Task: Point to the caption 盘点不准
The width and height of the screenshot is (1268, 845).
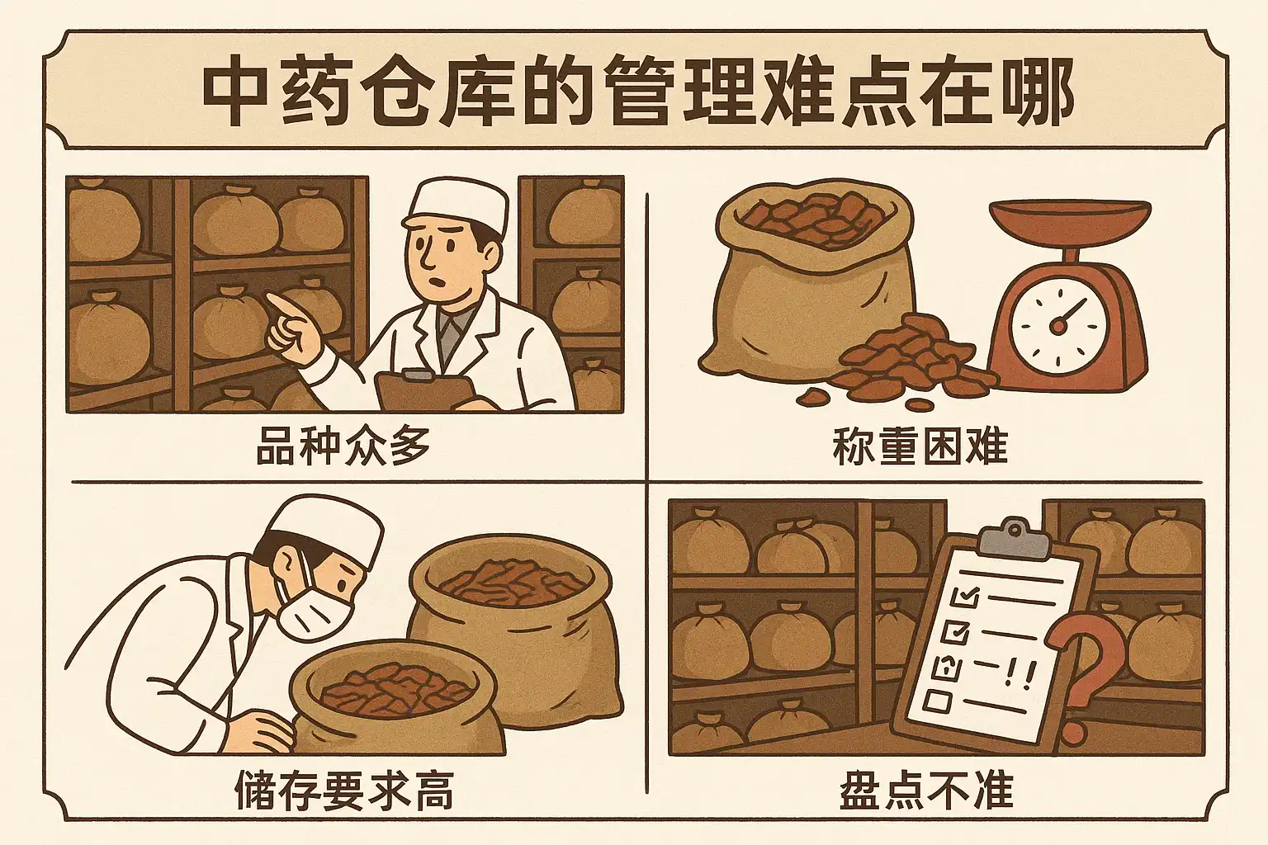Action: (926, 791)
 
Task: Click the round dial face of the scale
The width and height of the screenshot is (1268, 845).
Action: (1058, 325)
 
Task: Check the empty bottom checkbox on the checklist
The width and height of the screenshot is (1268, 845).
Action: (938, 701)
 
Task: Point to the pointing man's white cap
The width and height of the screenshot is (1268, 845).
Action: (457, 208)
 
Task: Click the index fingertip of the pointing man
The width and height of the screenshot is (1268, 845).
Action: (271, 299)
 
